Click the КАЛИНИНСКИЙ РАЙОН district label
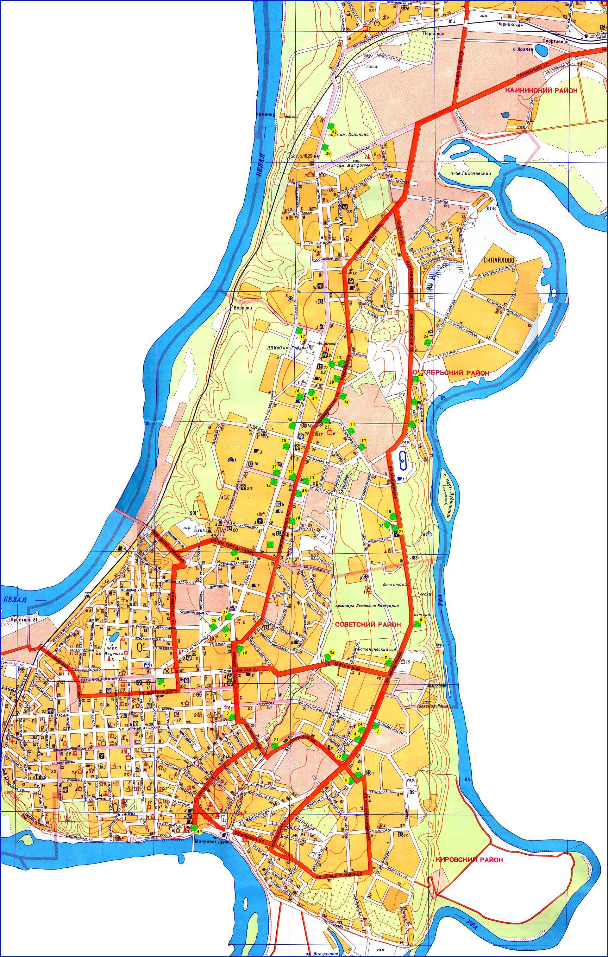(541, 91)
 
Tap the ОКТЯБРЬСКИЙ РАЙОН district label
(451, 373)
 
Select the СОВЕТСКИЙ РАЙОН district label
(368, 624)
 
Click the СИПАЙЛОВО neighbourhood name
(499, 259)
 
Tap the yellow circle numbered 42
(334, 132)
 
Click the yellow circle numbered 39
(328, 153)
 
